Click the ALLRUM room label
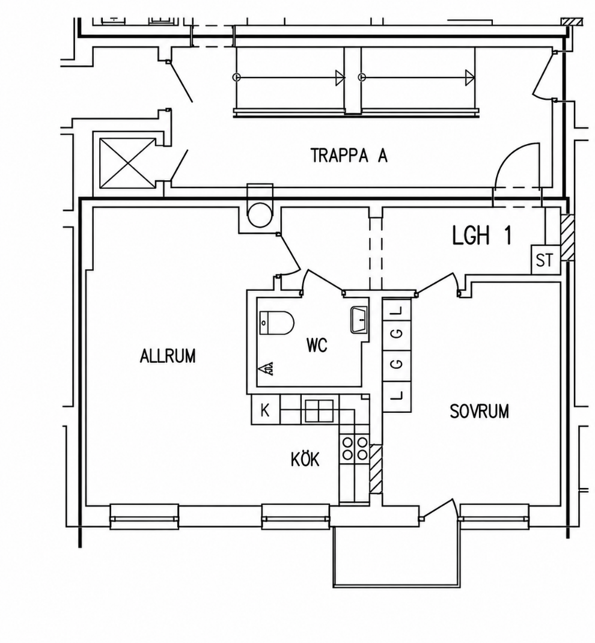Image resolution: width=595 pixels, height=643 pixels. click(x=168, y=356)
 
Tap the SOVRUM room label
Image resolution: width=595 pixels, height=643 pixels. click(x=479, y=411)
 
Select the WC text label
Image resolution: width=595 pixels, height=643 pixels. click(x=317, y=346)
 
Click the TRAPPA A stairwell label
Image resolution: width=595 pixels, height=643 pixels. click(x=349, y=156)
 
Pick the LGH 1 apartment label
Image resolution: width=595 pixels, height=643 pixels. click(x=482, y=236)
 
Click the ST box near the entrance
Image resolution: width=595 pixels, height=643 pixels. click(x=545, y=260)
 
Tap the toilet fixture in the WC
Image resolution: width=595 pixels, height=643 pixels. click(x=276, y=322)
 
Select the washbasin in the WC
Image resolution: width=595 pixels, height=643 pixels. click(x=359, y=320)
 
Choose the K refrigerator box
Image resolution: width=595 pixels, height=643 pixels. click(x=265, y=410)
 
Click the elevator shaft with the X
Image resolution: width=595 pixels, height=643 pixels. click(x=127, y=163)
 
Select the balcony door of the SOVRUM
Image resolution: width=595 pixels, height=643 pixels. click(x=438, y=510)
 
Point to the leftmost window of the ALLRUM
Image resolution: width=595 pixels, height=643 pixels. click(x=144, y=516)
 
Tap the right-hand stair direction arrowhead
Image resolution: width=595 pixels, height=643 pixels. click(x=469, y=78)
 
